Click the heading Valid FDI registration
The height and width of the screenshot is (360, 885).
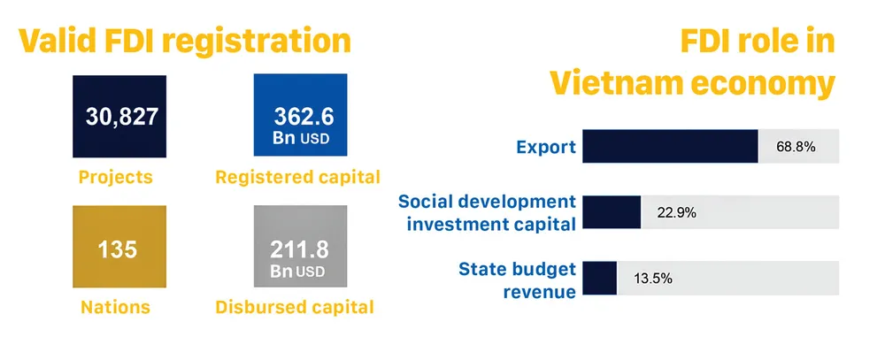pos(185,42)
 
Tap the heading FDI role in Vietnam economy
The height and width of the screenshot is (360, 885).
pos(693,63)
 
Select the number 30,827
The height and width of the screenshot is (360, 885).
pos(122,117)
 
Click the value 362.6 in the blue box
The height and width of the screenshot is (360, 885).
pos(304,117)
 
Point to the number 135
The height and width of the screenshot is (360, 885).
pos(118,249)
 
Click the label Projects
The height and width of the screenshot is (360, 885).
pos(116,177)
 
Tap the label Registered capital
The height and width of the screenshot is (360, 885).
pos(298,177)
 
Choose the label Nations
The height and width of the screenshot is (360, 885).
pos(116,307)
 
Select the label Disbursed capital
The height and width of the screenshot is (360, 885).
pos(295,307)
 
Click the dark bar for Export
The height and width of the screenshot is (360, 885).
pos(670,146)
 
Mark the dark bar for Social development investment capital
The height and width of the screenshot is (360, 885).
pos(612,212)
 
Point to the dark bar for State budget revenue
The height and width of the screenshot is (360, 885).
pos(599,278)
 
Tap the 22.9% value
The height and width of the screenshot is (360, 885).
pos(677,212)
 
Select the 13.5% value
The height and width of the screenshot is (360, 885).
pos(653,279)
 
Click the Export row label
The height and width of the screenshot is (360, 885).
pos(546,147)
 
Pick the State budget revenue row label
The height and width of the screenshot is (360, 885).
pos(517,280)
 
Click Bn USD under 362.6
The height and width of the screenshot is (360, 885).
pos(301,138)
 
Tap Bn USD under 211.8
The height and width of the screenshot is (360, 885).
pos(297,271)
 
